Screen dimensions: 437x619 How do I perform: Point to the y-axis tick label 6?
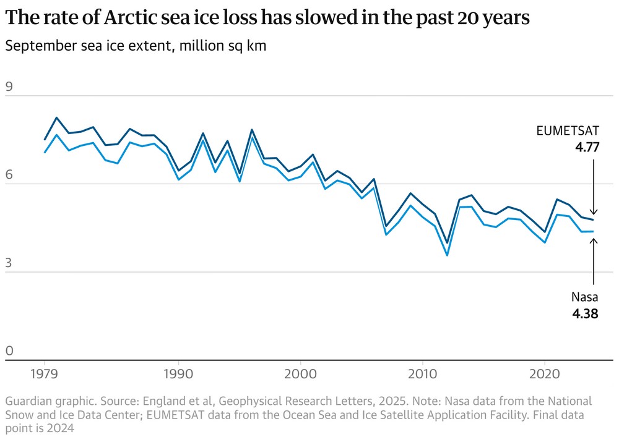9,175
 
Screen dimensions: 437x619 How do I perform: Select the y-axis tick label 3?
9,263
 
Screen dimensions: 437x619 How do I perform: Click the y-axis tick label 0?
9,351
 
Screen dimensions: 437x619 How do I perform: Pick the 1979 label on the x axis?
45,375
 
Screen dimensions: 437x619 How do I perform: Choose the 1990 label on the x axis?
178,375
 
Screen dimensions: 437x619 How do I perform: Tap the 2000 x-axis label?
300,375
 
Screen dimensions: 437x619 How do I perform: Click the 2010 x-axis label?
422,375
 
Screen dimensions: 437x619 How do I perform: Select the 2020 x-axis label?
544,375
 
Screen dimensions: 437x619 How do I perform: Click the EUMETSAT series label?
567,130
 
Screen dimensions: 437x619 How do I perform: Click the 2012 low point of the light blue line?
447,255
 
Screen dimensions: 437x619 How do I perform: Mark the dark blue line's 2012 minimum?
447,244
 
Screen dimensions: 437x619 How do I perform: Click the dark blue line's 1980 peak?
56,117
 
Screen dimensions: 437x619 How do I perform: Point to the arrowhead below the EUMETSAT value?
594,212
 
